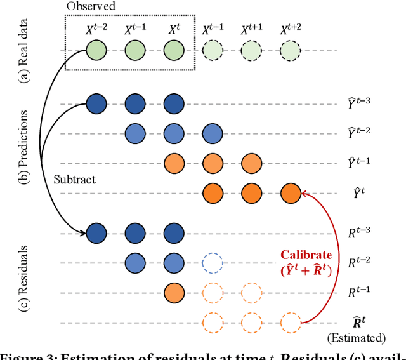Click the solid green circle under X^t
click(174, 51)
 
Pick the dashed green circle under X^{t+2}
click(290, 51)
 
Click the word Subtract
click(74, 180)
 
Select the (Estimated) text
click(365, 338)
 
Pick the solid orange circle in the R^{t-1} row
click(174, 292)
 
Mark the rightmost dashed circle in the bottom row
click(290, 322)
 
